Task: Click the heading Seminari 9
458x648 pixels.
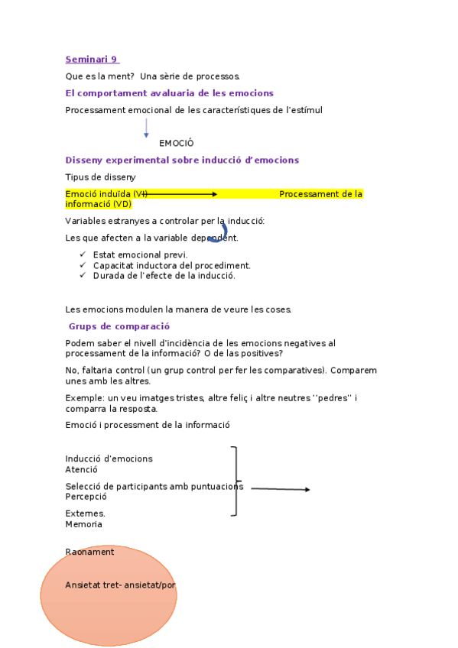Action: point(91,60)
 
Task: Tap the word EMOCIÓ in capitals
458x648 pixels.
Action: point(177,144)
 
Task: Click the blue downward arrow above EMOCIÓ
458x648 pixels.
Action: point(146,128)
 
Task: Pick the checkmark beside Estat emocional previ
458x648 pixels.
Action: point(83,254)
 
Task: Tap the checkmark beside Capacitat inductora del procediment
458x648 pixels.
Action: point(83,265)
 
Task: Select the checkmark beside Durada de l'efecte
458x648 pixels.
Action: point(83,276)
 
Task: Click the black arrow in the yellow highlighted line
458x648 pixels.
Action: point(180,195)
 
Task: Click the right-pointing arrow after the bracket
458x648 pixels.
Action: point(280,489)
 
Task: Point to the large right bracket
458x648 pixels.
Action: point(235,481)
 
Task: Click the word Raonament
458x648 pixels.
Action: point(89,552)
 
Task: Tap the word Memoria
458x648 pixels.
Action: point(83,525)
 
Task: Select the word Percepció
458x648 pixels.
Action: point(86,497)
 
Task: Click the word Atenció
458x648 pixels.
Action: point(81,470)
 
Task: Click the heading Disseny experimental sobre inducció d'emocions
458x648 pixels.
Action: point(182,160)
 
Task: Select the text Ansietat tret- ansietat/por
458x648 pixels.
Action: point(121,585)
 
